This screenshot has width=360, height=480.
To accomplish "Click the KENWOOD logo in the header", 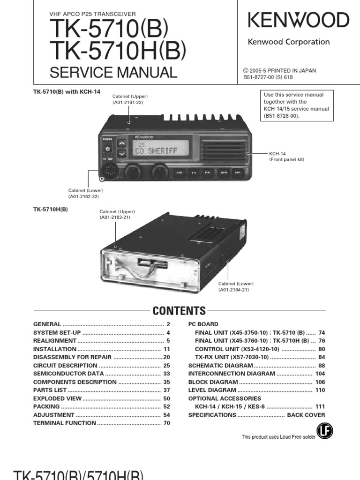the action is click(x=298, y=20).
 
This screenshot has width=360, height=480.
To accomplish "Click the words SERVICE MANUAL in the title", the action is click(x=113, y=73).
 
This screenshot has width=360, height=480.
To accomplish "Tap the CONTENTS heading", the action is click(x=180, y=311).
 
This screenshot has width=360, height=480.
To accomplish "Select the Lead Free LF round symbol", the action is click(x=322, y=432).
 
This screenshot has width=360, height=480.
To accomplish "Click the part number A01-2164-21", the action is click(x=233, y=290).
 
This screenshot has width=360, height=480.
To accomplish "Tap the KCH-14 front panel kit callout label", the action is click(x=286, y=157).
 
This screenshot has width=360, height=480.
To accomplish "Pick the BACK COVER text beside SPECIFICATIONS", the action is click(x=306, y=415).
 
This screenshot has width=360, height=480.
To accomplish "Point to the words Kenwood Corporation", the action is click(x=289, y=42).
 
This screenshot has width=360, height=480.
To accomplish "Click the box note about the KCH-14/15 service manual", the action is click(x=296, y=105).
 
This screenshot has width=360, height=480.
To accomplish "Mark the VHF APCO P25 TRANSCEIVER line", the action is click(x=92, y=14).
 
